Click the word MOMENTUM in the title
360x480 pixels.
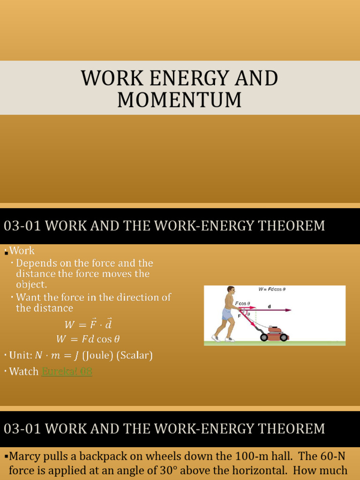point(180,100)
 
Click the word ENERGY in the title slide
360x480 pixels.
point(184,78)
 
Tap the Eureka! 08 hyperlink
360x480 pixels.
point(67,372)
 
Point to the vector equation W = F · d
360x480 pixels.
point(88,324)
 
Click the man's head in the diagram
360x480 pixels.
point(231,290)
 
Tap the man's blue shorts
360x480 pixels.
point(227,315)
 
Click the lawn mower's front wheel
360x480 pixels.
point(284,337)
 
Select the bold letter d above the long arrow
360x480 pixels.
point(269,306)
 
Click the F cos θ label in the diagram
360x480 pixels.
point(242,303)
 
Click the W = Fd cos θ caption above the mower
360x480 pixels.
point(272,289)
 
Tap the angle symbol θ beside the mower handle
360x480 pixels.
point(249,314)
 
